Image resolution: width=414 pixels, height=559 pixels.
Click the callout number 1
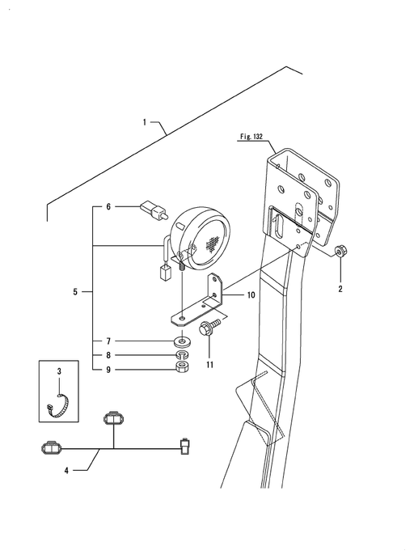tap(145, 122)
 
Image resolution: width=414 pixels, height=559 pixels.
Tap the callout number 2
tap(340, 289)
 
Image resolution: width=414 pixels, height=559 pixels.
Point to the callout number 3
tap(59, 371)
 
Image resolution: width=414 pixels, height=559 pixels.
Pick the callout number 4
tap(66, 471)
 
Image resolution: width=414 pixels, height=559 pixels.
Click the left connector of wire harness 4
tap(51, 448)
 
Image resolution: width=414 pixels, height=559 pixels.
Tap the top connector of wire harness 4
tap(113, 417)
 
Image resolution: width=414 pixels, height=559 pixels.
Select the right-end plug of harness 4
tap(185, 446)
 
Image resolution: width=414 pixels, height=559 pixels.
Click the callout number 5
tap(75, 292)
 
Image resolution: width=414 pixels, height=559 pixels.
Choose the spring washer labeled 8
tap(183, 355)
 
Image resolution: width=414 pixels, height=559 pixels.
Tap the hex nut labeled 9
tap(183, 366)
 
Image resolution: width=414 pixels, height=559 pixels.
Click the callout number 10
tap(251, 294)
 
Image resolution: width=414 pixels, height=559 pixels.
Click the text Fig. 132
tap(251, 137)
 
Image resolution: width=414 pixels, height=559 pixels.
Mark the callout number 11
tap(210, 365)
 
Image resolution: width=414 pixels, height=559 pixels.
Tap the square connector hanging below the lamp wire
tap(165, 273)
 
